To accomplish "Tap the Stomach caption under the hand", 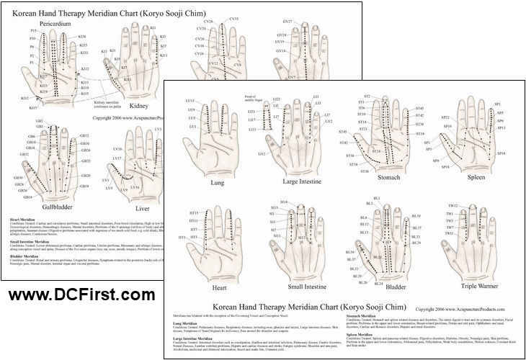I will coord(388,177).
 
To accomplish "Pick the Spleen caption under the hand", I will coord(476,176).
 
